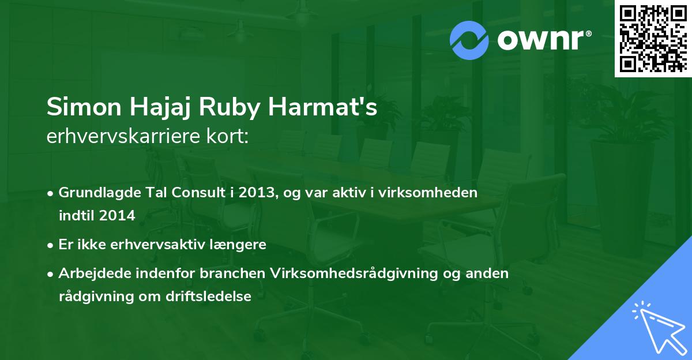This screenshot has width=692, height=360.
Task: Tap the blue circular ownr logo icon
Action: click(469, 40)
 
